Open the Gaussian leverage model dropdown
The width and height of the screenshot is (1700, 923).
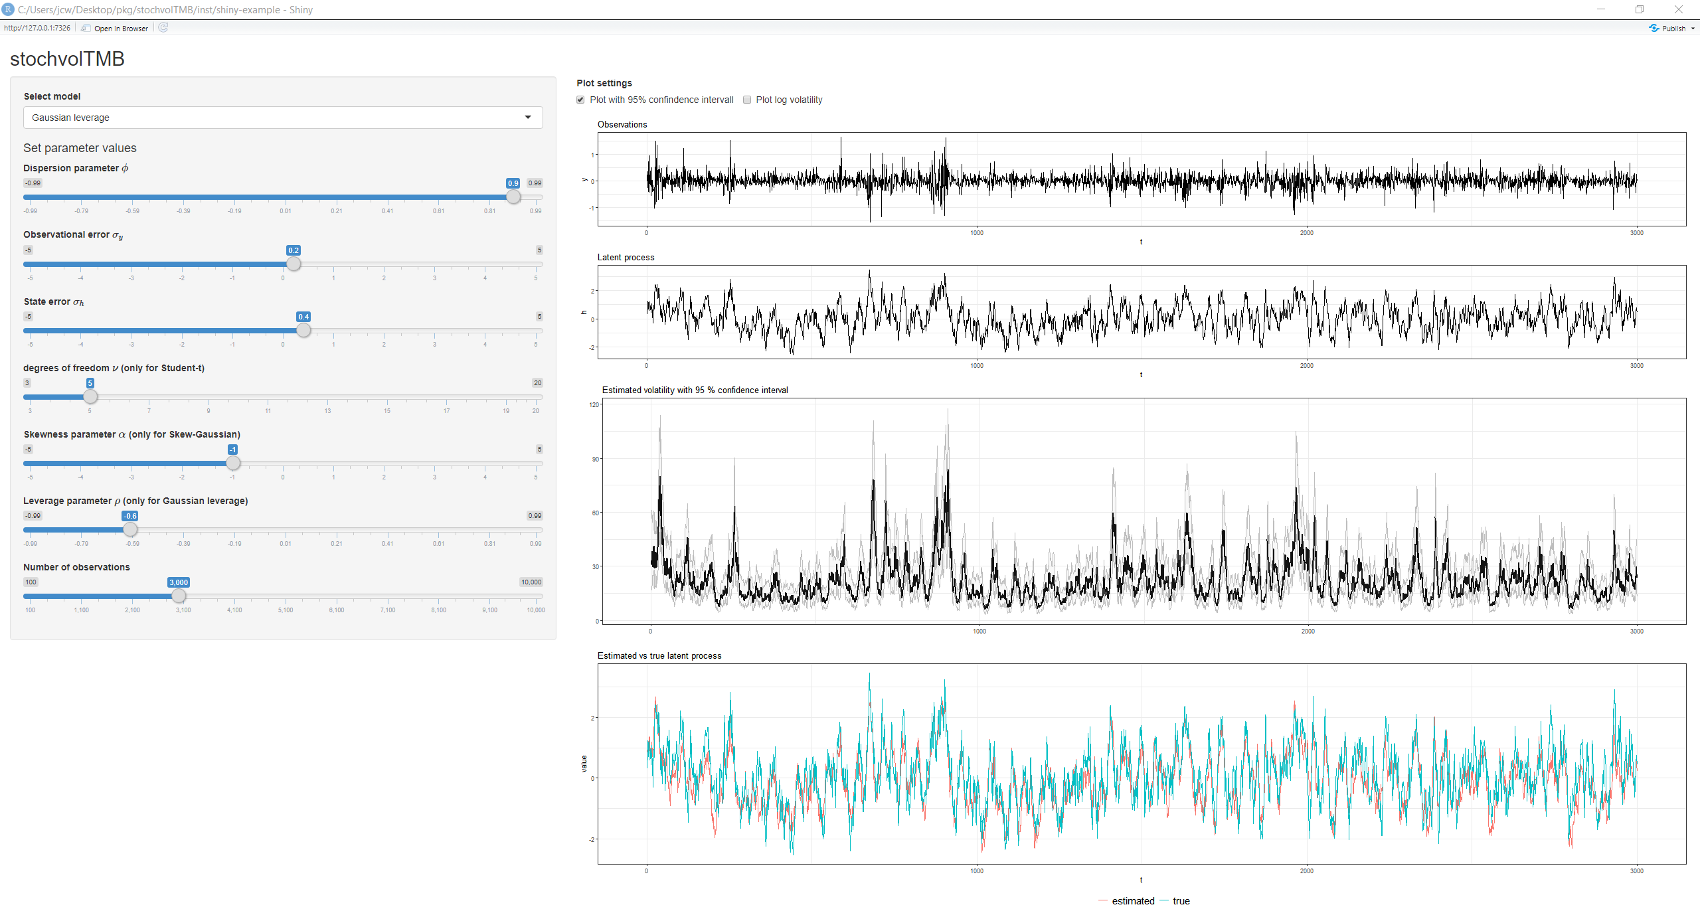(x=282, y=118)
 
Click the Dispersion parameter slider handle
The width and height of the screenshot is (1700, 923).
(x=513, y=197)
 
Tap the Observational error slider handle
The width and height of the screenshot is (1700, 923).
(x=294, y=264)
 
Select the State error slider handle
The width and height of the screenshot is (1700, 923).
(x=303, y=330)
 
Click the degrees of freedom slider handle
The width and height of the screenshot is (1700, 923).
(x=90, y=396)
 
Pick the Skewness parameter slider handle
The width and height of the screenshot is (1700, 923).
(x=232, y=463)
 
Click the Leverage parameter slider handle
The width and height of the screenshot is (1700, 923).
(x=130, y=529)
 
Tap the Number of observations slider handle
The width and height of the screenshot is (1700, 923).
(x=179, y=596)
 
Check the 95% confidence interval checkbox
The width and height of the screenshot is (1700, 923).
(x=580, y=100)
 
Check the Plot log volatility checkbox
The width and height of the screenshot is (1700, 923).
(x=747, y=100)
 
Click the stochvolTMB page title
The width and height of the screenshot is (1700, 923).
(x=67, y=59)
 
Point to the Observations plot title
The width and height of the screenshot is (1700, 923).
(x=622, y=124)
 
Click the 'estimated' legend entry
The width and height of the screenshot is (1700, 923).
(x=1132, y=901)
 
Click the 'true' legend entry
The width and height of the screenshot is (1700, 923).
(x=1181, y=901)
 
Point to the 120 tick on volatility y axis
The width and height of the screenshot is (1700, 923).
(x=594, y=404)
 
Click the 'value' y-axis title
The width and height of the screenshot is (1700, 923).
(x=584, y=764)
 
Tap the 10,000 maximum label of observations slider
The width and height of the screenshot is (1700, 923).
(x=531, y=582)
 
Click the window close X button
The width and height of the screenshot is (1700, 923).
(x=1678, y=9)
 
